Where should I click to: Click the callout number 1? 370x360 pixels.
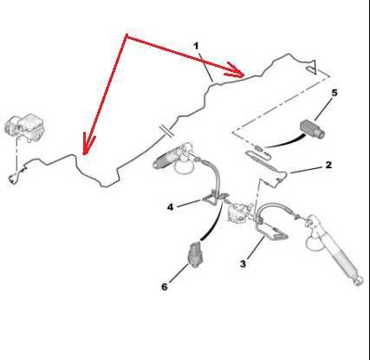[197, 46]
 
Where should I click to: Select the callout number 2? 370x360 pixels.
[328, 165]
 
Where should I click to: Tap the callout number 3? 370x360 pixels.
[243, 264]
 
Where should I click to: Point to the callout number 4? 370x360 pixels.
[170, 207]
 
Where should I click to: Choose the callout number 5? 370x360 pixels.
[334, 93]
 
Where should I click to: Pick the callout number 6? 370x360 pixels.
[165, 287]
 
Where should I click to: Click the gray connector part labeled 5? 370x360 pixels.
[313, 128]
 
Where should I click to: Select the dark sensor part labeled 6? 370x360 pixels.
[196, 254]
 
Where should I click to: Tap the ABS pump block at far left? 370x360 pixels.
[25, 128]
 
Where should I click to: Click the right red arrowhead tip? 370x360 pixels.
[244, 76]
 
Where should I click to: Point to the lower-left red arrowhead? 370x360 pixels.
[84, 154]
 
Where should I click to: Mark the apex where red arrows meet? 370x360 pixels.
[126, 35]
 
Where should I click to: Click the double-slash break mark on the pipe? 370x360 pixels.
[167, 131]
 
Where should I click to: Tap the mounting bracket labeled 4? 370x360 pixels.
[213, 198]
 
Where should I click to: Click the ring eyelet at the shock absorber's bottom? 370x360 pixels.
[358, 280]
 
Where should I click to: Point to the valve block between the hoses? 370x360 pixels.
[238, 213]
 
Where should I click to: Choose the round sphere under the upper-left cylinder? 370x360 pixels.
[184, 167]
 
